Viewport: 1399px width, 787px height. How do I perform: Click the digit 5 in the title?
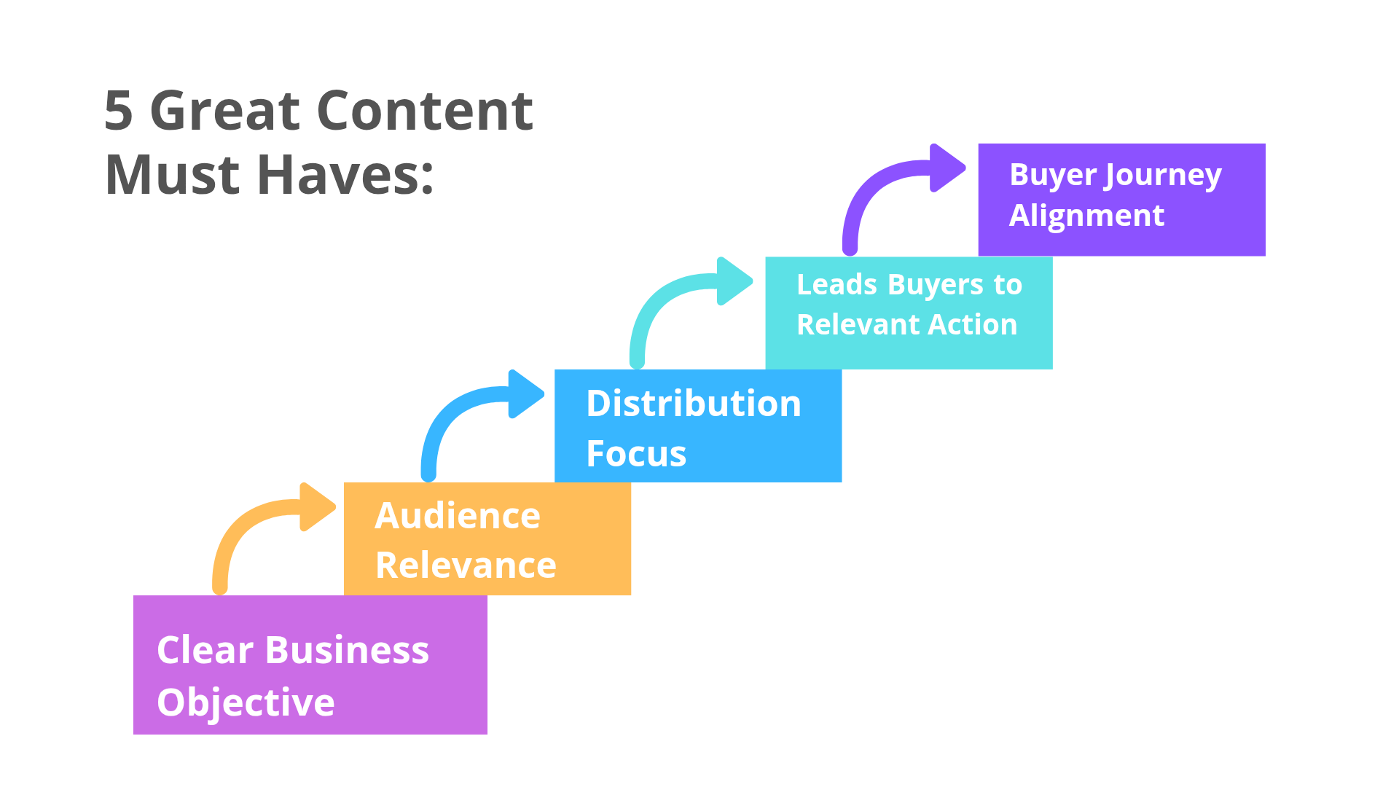119,111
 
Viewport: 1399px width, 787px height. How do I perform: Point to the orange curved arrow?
251,516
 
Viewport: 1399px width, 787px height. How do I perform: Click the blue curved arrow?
460,403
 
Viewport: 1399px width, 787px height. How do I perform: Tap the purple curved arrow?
881,177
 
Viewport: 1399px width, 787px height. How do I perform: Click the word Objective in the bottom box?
246,703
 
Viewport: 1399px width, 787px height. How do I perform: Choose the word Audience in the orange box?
458,516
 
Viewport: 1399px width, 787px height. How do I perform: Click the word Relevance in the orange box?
466,565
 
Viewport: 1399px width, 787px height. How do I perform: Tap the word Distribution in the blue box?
694,404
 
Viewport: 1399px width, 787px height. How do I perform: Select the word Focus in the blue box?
636,453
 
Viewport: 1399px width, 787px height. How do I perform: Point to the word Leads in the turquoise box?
837,284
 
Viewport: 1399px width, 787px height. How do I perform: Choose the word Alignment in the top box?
1086,216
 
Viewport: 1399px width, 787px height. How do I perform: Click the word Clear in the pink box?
205,650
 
